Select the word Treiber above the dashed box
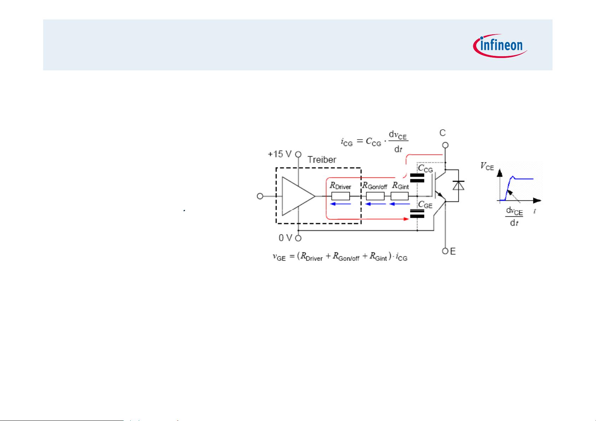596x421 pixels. [x=322, y=159]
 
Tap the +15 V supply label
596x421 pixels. [x=279, y=154]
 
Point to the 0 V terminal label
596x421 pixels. [x=285, y=238]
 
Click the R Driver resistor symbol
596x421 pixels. [x=340, y=196]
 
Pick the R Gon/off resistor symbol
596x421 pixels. [x=375, y=196]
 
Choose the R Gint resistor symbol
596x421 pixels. [x=400, y=196]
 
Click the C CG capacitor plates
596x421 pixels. [x=417, y=178]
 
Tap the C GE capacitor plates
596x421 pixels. [x=417, y=213]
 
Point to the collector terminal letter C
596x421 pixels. [x=442, y=133]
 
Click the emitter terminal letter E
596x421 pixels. [x=453, y=251]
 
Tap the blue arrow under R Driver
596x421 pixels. [x=341, y=204]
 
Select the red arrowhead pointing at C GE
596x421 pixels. [x=406, y=219]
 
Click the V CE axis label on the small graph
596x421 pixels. [x=487, y=166]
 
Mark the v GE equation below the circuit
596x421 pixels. [x=340, y=257]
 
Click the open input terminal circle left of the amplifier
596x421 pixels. [x=260, y=196]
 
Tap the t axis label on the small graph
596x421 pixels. [x=534, y=211]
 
